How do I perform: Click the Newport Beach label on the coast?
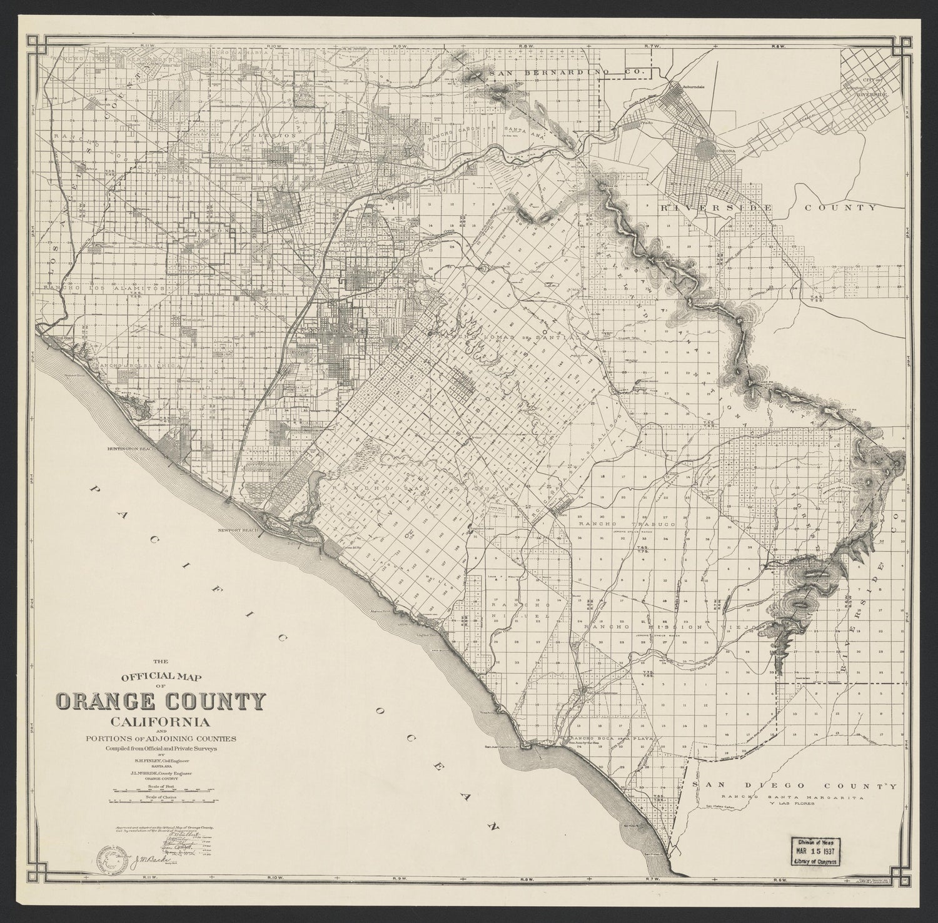pyautogui.click(x=238, y=529)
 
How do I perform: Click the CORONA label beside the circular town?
pyautogui.click(x=725, y=151)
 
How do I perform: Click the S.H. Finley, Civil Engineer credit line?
pyautogui.click(x=161, y=760)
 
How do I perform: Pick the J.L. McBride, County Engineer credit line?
pyautogui.click(x=161, y=774)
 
